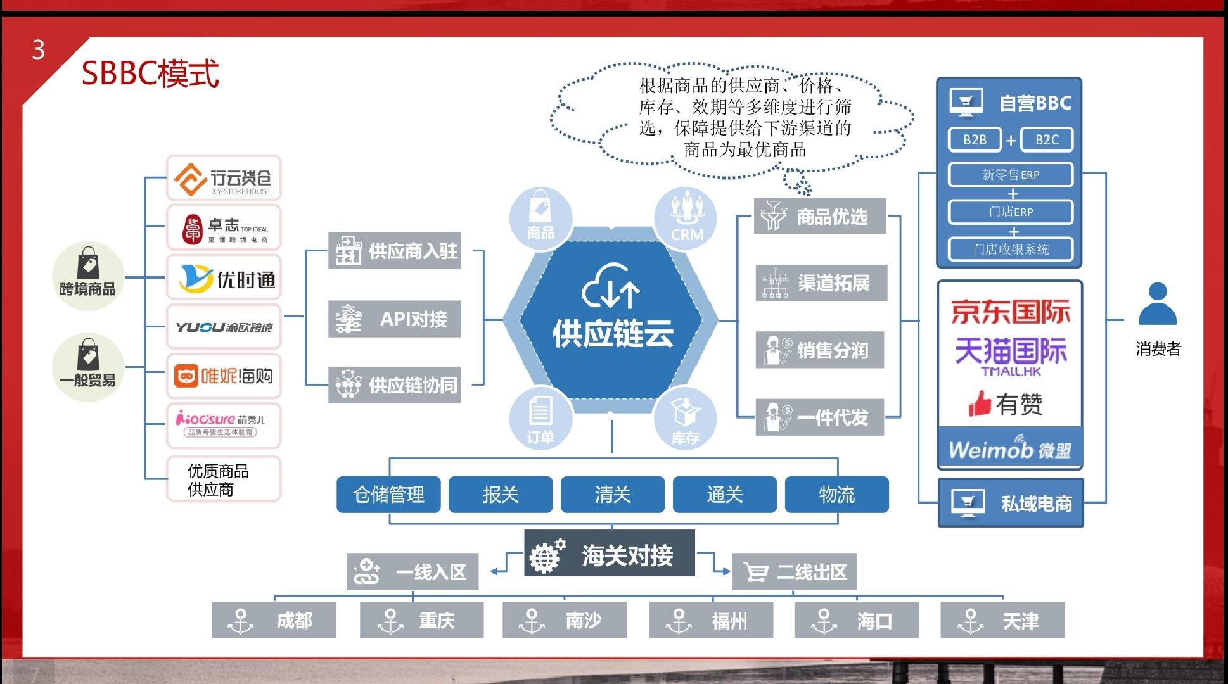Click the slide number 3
point(39,50)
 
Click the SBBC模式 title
point(150,73)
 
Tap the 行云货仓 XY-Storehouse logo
point(224,179)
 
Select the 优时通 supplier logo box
point(224,278)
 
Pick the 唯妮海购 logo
point(224,376)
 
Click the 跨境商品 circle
point(87,275)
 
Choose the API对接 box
point(394,319)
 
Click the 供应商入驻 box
point(394,251)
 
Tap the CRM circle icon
point(686,217)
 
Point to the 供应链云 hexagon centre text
point(612,333)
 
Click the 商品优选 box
point(819,217)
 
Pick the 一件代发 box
point(819,417)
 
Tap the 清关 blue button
point(612,495)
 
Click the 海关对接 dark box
point(610,554)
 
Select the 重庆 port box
point(421,620)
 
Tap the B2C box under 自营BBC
point(1046,140)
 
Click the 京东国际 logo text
point(1010,312)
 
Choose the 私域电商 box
point(1010,503)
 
